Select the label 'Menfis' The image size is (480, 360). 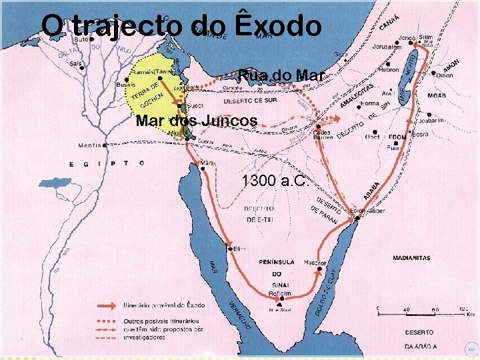(x=90, y=145)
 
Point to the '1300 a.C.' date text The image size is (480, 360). (x=274, y=181)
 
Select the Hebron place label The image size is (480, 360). (x=389, y=69)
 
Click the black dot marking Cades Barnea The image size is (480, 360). (x=319, y=126)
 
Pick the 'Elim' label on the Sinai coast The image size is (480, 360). (x=239, y=249)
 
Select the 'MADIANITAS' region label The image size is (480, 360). (x=411, y=258)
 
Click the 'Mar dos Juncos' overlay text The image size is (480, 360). (x=196, y=121)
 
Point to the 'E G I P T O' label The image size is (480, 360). (x=107, y=163)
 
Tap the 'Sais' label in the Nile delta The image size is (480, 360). (x=76, y=64)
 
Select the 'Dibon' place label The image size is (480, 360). (x=445, y=75)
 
